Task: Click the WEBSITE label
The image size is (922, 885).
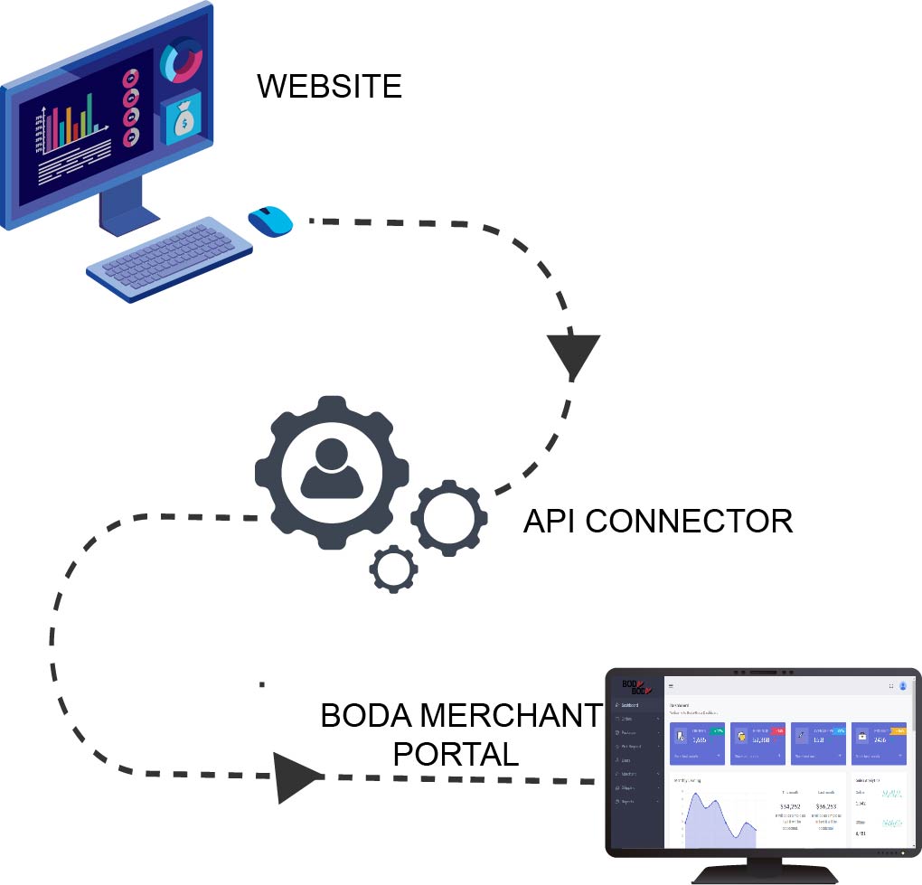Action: point(329,87)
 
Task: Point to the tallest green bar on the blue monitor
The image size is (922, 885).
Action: point(89,121)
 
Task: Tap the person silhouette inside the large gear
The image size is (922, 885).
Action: point(332,468)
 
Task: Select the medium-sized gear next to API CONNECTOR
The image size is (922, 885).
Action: point(449,519)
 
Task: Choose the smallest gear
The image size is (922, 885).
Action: point(394,569)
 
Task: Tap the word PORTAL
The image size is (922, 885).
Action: point(456,754)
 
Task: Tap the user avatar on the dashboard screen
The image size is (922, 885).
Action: point(902,686)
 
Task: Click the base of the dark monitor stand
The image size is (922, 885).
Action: point(763,875)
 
